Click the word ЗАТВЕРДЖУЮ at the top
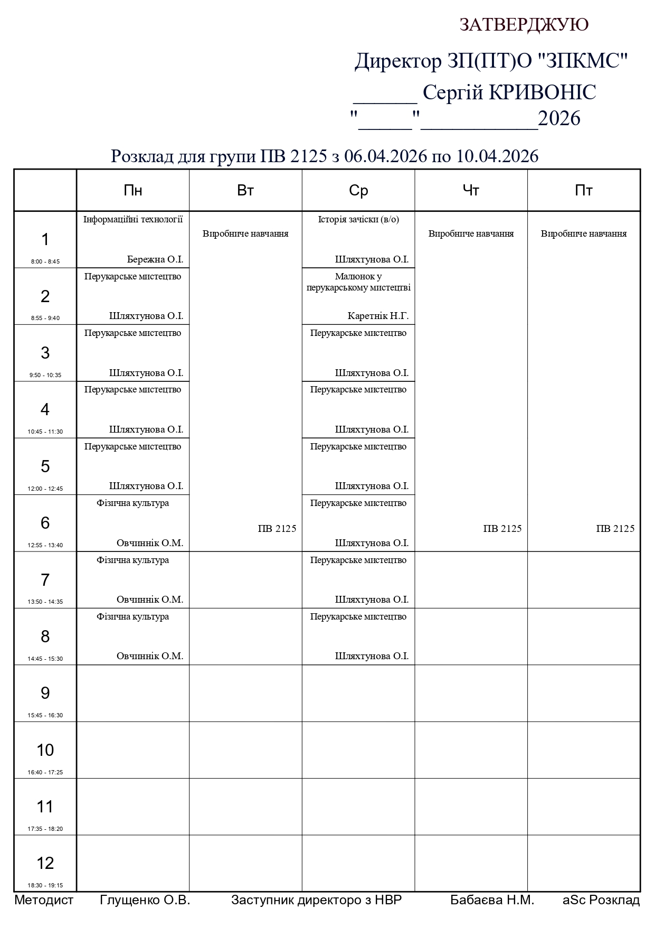click(524, 25)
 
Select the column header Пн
click(133, 191)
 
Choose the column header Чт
click(471, 191)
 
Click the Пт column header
click(584, 191)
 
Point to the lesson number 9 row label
click(45, 693)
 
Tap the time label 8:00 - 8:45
click(45, 261)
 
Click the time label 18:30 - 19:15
click(45, 885)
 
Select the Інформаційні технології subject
click(133, 219)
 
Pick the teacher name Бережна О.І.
click(155, 259)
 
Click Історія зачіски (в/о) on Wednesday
click(358, 219)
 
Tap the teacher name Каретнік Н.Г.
click(378, 316)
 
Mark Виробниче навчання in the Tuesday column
click(245, 233)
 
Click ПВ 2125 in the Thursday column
click(502, 529)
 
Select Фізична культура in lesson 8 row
click(133, 616)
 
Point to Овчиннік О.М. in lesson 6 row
click(150, 542)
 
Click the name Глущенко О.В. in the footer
click(145, 900)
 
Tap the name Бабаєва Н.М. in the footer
click(492, 900)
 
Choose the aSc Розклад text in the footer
click(601, 900)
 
